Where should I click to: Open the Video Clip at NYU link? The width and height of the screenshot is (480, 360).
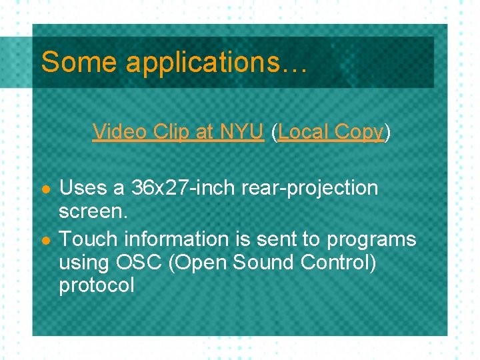coord(178,132)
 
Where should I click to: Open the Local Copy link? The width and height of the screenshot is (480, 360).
coord(331,132)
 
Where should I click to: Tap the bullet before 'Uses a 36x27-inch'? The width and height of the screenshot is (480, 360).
coord(45,189)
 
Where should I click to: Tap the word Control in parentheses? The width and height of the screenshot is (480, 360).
coord(336,262)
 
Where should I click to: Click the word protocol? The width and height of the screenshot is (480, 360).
coord(97,286)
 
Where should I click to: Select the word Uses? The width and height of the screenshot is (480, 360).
coord(83,189)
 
